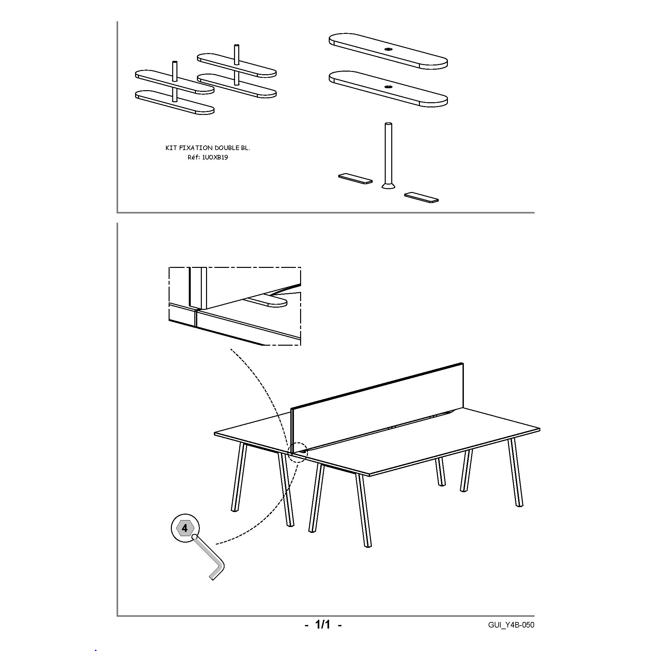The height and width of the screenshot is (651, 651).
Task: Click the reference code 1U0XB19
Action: tap(215, 157)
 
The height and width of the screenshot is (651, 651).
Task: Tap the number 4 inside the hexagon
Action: tap(185, 528)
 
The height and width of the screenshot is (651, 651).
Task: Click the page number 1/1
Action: tap(323, 625)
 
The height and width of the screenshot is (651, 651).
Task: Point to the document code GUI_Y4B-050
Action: tap(511, 625)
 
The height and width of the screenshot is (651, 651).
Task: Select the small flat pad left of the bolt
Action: tap(355, 179)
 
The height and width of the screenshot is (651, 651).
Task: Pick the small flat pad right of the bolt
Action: tap(422, 198)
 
